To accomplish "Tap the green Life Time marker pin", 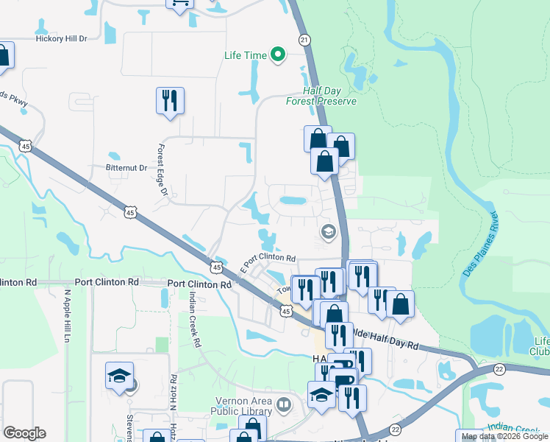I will pos(278,55).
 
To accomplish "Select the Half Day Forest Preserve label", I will pos(321,96).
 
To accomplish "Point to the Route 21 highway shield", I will pos(304,39).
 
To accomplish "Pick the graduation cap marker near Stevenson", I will pos(119,376).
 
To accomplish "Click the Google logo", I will pos(24,433).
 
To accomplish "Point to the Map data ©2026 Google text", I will pos(504,436).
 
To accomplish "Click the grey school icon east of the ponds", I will pos(328,233).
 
